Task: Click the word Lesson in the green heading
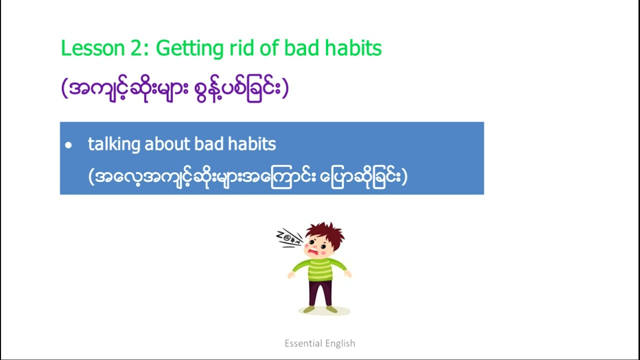click(93, 48)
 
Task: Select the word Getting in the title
click(189, 49)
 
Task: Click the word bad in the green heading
click(301, 47)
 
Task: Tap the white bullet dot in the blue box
click(68, 145)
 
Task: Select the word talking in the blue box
click(114, 144)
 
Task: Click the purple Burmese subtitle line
click(175, 89)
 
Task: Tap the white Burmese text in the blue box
click(247, 177)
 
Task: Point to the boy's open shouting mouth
click(313, 252)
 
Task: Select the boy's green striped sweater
click(319, 269)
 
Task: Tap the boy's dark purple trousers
click(320, 293)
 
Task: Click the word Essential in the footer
click(303, 343)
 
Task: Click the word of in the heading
click(268, 47)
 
